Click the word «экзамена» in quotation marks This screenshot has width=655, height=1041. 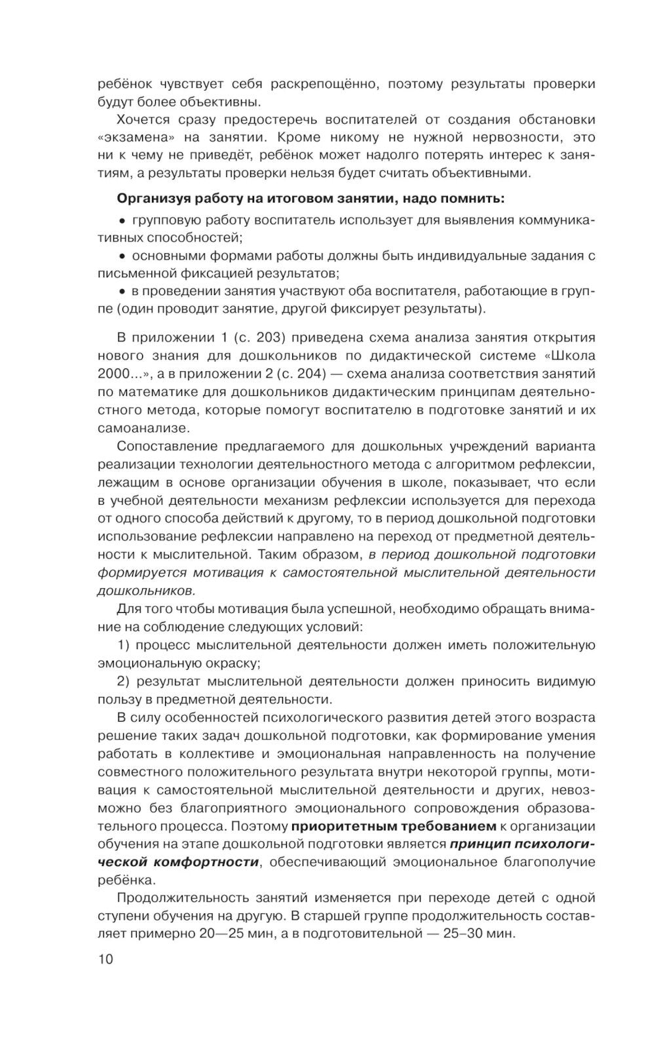[x=133, y=138]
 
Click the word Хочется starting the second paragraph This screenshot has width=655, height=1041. [x=143, y=120]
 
